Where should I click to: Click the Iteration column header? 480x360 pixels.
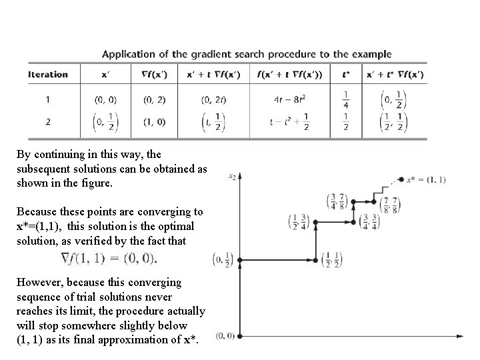tap(48, 75)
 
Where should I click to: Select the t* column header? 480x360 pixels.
tap(347, 75)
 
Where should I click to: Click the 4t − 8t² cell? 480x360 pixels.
tap(289, 101)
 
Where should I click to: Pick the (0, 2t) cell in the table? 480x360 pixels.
tap(213, 101)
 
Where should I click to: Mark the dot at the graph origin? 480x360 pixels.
tap(240, 335)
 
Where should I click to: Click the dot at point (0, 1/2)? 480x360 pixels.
tap(240, 260)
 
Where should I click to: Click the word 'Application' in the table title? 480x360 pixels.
tap(131, 54)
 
